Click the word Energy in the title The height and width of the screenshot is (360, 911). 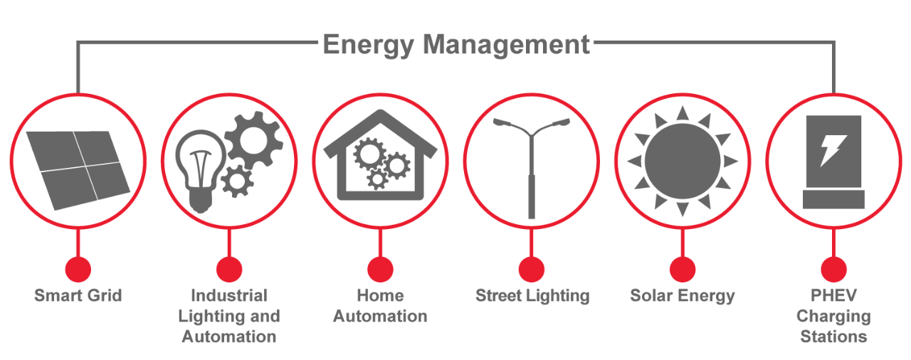[367, 44]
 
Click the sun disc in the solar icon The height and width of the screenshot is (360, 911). [682, 161]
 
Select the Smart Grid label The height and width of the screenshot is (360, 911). [78, 295]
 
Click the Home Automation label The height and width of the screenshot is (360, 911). [380, 306]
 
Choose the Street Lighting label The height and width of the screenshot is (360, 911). [532, 295]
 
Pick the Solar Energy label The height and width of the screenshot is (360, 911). [683, 295]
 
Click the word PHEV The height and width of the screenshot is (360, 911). [833, 295]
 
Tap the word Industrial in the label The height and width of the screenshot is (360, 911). [229, 295]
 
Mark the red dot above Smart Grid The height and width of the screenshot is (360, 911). [78, 269]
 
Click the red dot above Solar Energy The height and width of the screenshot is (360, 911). [683, 269]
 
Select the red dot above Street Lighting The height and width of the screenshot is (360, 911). [532, 269]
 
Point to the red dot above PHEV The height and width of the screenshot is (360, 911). [833, 269]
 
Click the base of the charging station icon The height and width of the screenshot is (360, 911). [833, 199]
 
